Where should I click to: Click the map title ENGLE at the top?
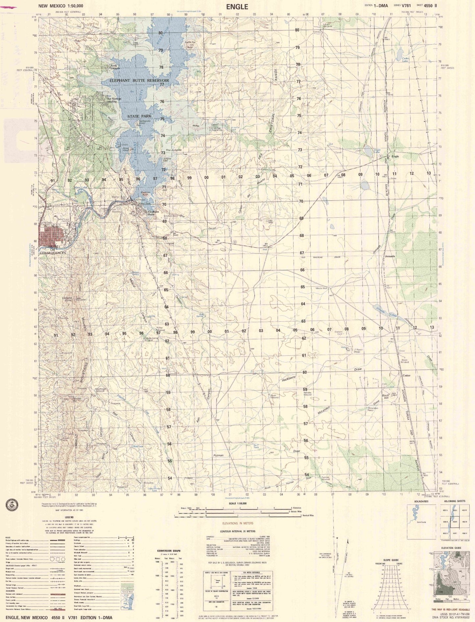pos(237,6)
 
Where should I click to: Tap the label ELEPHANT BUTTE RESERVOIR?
pos(139,80)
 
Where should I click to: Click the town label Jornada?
pos(390,256)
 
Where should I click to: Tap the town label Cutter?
pos(406,375)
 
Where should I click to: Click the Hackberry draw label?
pos(289,379)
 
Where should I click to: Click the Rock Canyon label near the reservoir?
pos(115,66)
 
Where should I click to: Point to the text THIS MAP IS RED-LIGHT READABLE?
pos(451,610)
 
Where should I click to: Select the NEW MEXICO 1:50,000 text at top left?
pos(61,6)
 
